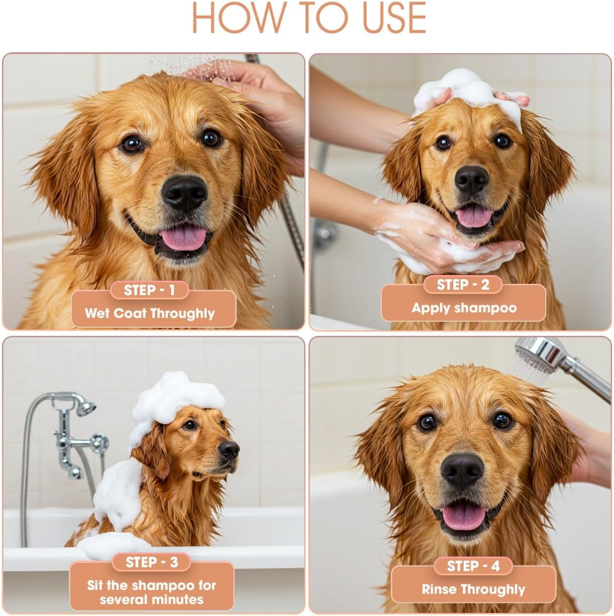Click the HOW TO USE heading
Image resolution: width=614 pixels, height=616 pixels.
pos(308,18)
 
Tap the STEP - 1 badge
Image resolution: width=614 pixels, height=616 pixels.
pos(149,290)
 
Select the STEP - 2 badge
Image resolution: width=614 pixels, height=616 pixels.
pos(463,285)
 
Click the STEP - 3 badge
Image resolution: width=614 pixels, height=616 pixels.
pos(151,562)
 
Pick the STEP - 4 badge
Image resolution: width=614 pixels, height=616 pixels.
pos(473,566)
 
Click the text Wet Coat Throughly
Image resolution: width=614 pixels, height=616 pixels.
pos(149,314)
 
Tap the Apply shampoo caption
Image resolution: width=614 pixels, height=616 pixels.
pos(464,308)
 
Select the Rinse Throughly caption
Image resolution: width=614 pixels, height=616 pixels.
pos(473,589)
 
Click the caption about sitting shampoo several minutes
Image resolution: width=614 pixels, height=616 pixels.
pos(151,592)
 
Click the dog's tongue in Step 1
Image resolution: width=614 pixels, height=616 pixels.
pos(184,237)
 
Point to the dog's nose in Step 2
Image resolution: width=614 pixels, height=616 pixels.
pos(472,179)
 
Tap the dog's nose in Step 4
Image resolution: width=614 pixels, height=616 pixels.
pos(462,471)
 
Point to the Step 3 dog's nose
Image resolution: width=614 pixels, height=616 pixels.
pos(229,448)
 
